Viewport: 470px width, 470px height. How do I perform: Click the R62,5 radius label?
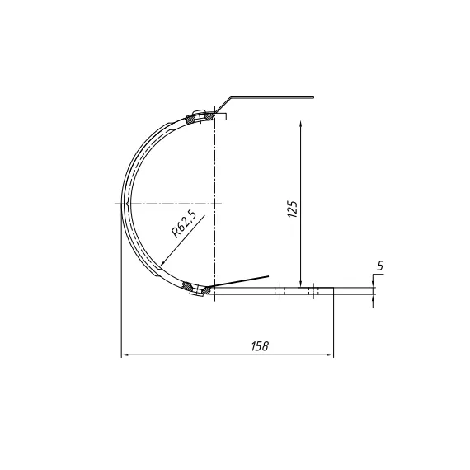coord(184,224)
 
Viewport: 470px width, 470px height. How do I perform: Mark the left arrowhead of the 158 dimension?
coord(126,355)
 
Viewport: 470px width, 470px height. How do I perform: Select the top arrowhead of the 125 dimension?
coord(302,125)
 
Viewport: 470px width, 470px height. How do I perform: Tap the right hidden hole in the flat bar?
coord(313,290)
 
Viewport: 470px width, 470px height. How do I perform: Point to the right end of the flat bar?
coord(333,290)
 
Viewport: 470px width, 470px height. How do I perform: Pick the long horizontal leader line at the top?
coord(272,97)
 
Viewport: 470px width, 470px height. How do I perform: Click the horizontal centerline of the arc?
coord(165,203)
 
